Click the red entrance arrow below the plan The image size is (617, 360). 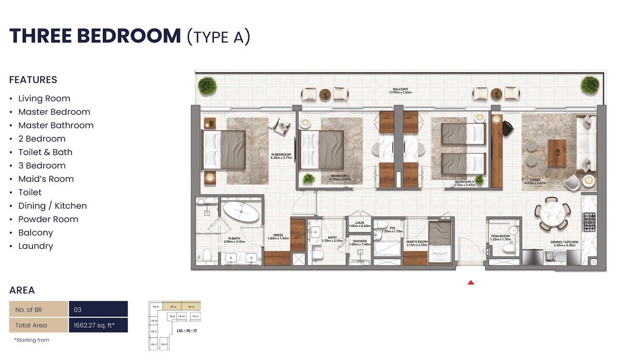(470, 282)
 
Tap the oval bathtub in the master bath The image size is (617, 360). (241, 212)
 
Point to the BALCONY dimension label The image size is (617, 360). (403, 91)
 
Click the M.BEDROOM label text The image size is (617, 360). (281, 156)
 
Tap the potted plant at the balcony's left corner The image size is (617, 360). (207, 85)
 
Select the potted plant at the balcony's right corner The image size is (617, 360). (589, 85)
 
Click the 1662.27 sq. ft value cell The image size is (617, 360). (98, 325)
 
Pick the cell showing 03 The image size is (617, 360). (98, 310)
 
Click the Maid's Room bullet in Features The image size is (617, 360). (46, 179)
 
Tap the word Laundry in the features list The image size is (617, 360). (35, 246)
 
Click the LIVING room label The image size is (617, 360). (535, 181)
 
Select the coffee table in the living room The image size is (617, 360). (557, 153)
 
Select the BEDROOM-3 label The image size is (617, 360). (464, 183)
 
